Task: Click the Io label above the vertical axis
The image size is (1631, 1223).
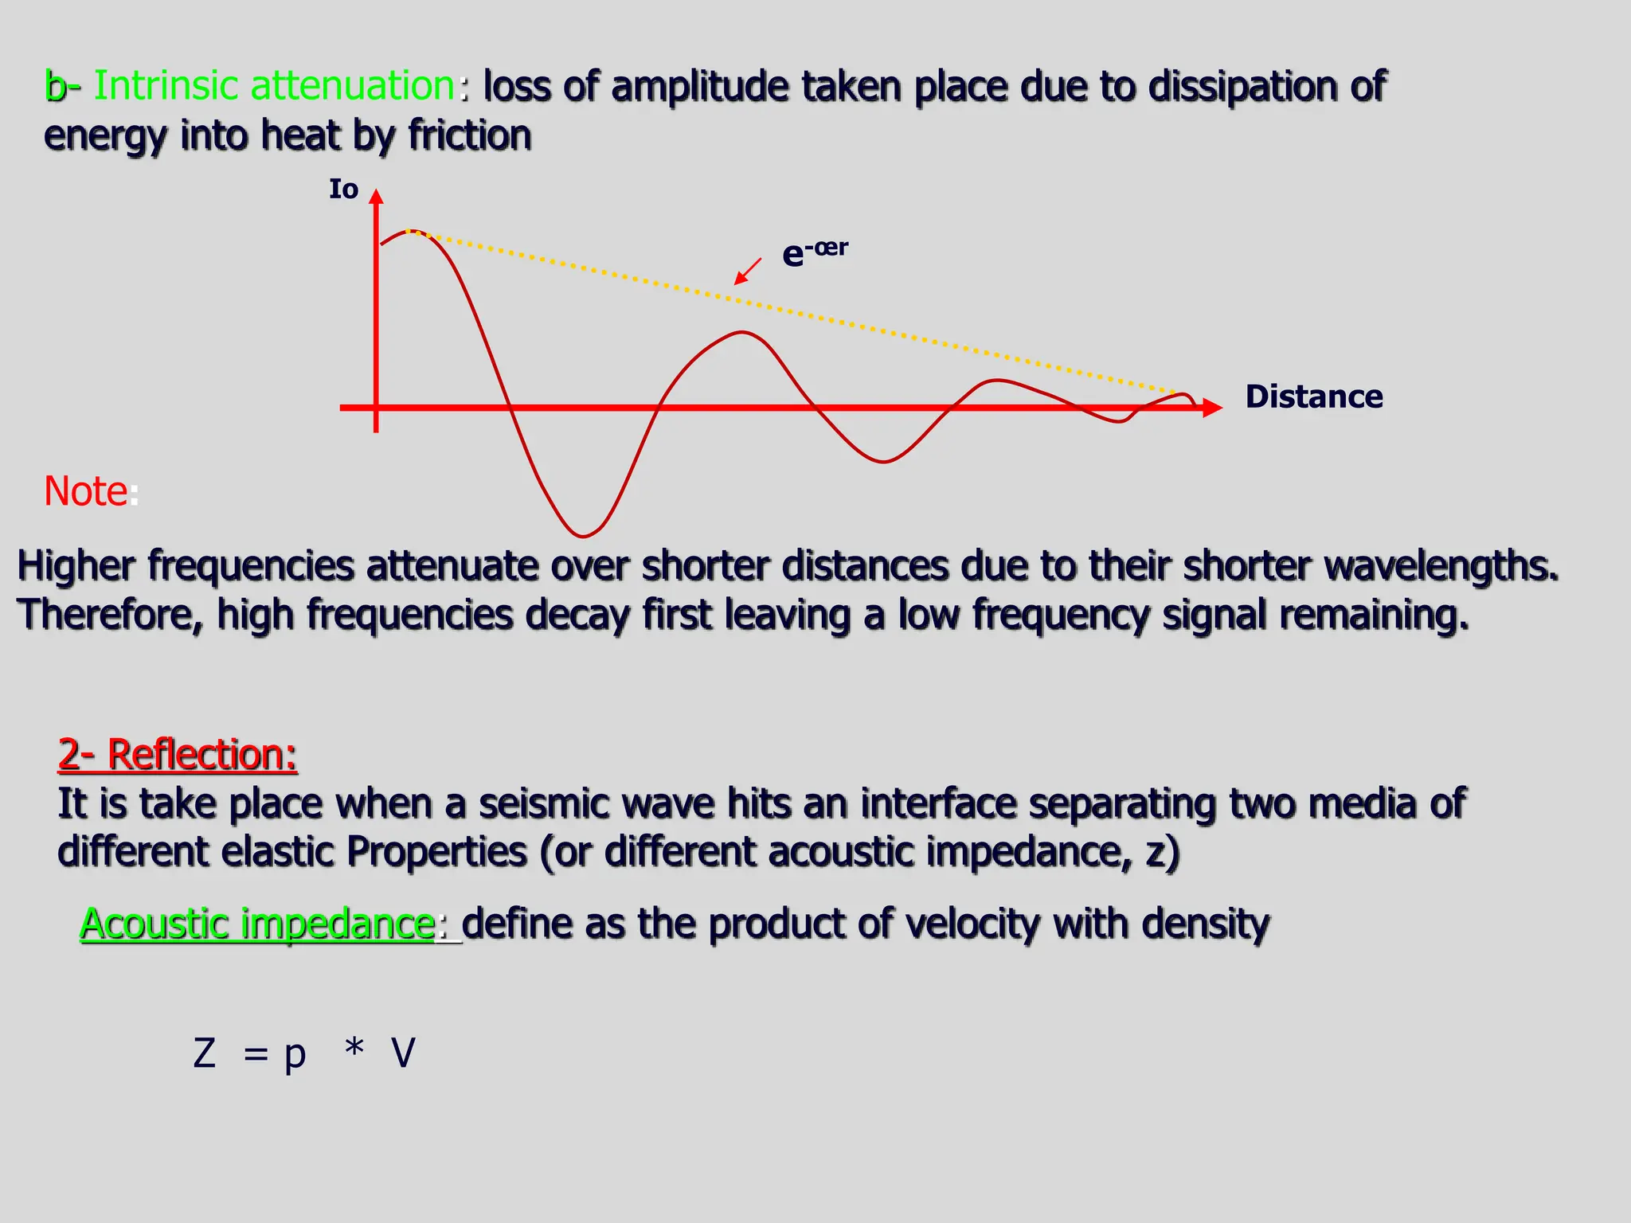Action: point(343,190)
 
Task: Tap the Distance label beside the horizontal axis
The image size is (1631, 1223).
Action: point(1313,397)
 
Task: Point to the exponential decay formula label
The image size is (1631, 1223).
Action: point(814,252)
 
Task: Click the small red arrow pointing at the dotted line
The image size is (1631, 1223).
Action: point(747,272)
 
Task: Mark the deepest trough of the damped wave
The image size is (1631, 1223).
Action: point(583,535)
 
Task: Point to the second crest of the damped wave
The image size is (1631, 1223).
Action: point(742,332)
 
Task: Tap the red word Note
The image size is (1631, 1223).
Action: point(85,491)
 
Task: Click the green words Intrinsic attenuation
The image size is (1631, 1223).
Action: point(274,86)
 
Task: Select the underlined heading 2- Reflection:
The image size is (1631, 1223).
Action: point(178,754)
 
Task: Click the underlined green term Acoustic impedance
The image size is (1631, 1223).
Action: point(257,924)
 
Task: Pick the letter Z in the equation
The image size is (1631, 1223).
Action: point(205,1053)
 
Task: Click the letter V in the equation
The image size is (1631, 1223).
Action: point(403,1053)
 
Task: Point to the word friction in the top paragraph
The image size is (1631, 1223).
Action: point(470,135)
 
